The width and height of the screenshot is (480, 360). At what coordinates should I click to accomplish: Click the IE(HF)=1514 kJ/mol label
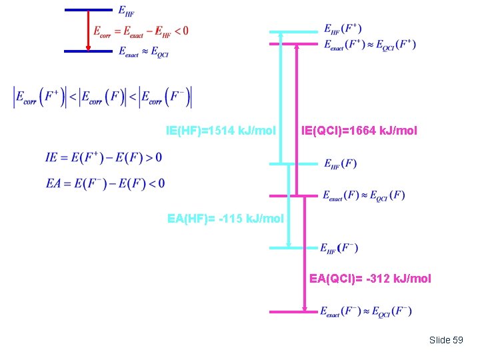pyautogui.click(x=221, y=131)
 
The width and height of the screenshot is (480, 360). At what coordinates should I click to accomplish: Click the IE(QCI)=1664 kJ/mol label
pyautogui.click(x=359, y=131)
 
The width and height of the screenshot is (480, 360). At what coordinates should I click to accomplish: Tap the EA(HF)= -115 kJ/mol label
pyautogui.click(x=226, y=218)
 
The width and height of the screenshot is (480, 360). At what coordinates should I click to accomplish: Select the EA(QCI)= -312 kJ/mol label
pyautogui.click(x=370, y=278)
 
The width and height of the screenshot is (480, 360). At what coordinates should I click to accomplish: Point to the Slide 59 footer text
pyautogui.click(x=446, y=340)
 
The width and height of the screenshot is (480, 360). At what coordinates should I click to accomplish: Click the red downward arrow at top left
pyautogui.click(x=88, y=30)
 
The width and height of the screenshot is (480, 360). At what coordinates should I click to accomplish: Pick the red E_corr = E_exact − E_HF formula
pyautogui.click(x=141, y=31)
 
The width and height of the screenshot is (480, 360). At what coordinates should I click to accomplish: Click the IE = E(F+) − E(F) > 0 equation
pyautogui.click(x=103, y=157)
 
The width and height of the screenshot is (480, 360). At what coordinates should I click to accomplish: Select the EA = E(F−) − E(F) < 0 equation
pyautogui.click(x=105, y=183)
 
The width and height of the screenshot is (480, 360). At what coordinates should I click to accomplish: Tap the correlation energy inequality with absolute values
pyautogui.click(x=103, y=97)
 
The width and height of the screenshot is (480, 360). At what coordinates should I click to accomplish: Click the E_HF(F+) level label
pyautogui.click(x=343, y=29)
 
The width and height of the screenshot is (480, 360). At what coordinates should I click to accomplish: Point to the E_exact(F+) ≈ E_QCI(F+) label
pyautogui.click(x=369, y=45)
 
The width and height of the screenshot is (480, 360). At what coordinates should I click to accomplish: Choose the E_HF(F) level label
pyautogui.click(x=340, y=163)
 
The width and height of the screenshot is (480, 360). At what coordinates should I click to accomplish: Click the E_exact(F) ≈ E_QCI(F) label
pyautogui.click(x=363, y=195)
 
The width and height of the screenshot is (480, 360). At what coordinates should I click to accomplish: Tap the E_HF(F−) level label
pyautogui.click(x=340, y=248)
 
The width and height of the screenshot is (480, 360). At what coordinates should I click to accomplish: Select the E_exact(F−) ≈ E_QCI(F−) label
pyautogui.click(x=366, y=311)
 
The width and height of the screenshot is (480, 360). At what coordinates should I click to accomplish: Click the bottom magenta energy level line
pyautogui.click(x=293, y=311)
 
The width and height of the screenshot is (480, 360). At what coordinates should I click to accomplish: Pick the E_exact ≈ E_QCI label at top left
pyautogui.click(x=143, y=51)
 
